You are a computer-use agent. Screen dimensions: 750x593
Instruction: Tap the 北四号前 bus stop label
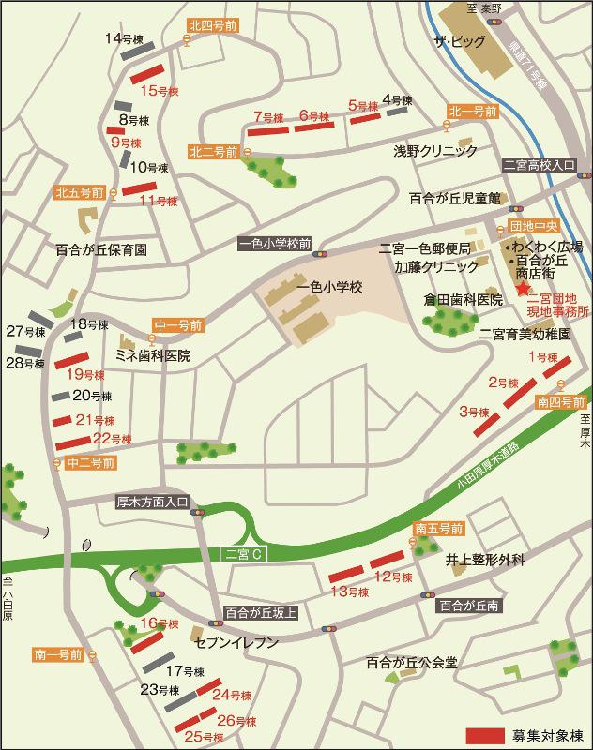pos(213,26)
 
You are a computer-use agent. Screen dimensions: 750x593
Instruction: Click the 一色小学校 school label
pos(329,288)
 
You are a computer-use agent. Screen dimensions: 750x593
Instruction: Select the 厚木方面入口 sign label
pos(153,501)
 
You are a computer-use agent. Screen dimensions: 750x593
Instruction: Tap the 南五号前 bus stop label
pos(439,529)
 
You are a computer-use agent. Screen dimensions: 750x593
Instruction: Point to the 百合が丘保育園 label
pos(101,250)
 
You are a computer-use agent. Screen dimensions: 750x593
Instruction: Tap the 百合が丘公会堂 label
pos(412,662)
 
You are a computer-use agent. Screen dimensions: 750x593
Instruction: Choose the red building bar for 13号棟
pos(344,575)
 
